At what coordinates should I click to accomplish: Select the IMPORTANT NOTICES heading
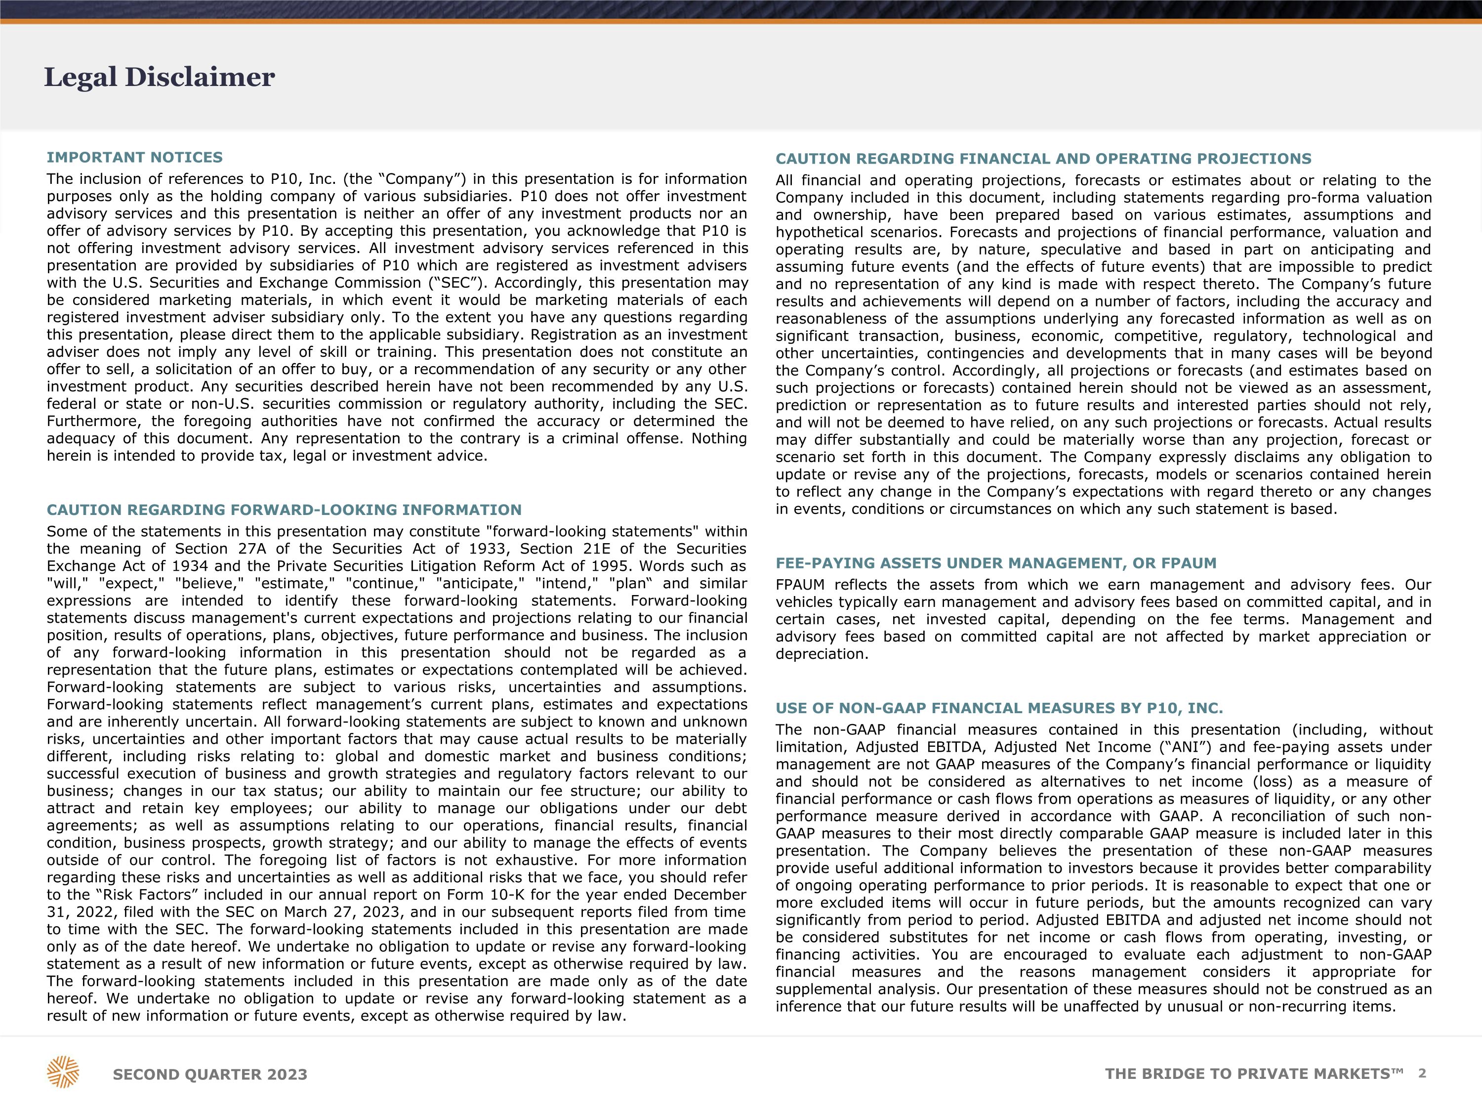[x=135, y=158]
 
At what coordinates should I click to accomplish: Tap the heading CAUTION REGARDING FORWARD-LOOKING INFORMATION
[x=284, y=510]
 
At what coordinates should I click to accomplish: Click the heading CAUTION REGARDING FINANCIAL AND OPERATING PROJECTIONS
[x=1043, y=159]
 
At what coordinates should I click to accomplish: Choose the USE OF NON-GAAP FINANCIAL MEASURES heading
[x=999, y=709]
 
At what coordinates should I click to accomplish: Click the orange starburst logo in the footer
[x=63, y=1072]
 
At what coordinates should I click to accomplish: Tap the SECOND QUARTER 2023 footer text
[x=210, y=1074]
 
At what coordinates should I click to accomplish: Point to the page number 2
[x=1422, y=1073]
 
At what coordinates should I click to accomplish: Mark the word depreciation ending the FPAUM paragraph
[x=822, y=654]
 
